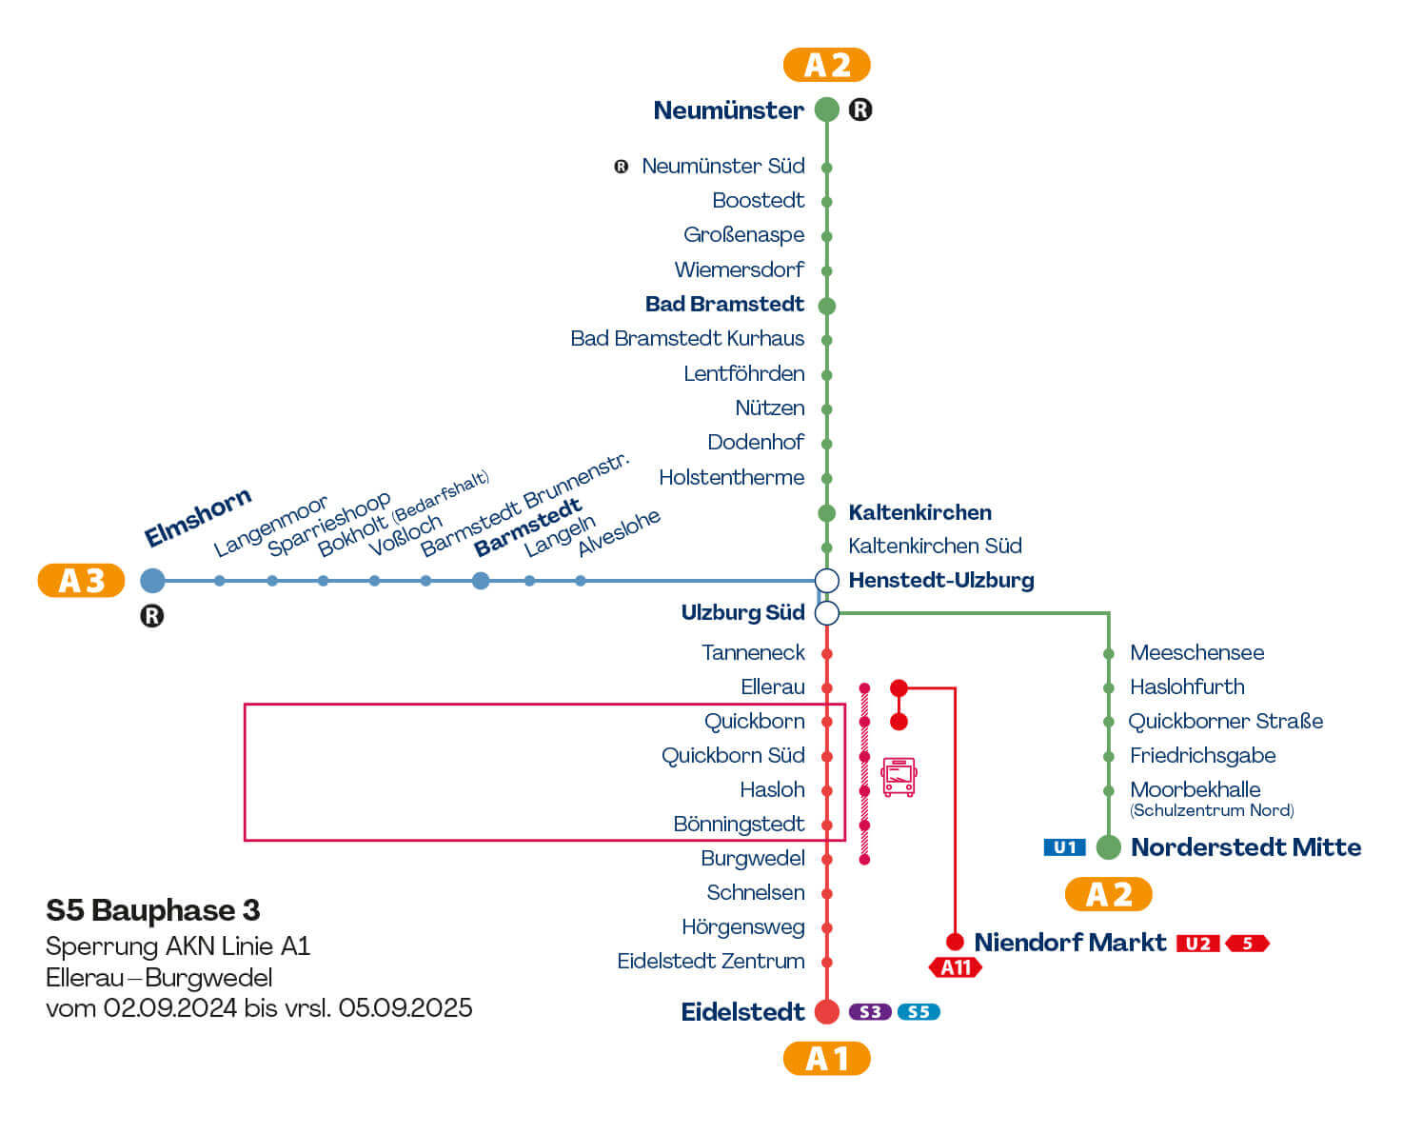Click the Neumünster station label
pos(728,110)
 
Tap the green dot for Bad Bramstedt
pos(827,306)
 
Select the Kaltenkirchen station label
pos(919,512)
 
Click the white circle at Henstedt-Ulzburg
pos(827,580)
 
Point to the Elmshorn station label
pos(198,517)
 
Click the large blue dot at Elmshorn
pos(152,580)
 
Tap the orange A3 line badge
pos(82,580)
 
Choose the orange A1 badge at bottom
pos(826,1058)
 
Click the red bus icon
pos(899,776)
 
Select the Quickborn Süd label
pos(733,755)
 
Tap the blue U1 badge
pos(1064,846)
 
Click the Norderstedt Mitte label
pos(1245,846)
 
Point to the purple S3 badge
pos(870,1011)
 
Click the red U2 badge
pos(1197,943)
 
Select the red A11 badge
pos(955,967)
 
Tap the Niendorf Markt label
pos(1070,943)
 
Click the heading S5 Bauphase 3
pos(153,910)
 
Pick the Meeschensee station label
pos(1196,652)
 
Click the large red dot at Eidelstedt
pos(827,1011)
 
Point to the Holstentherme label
pos(731,477)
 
